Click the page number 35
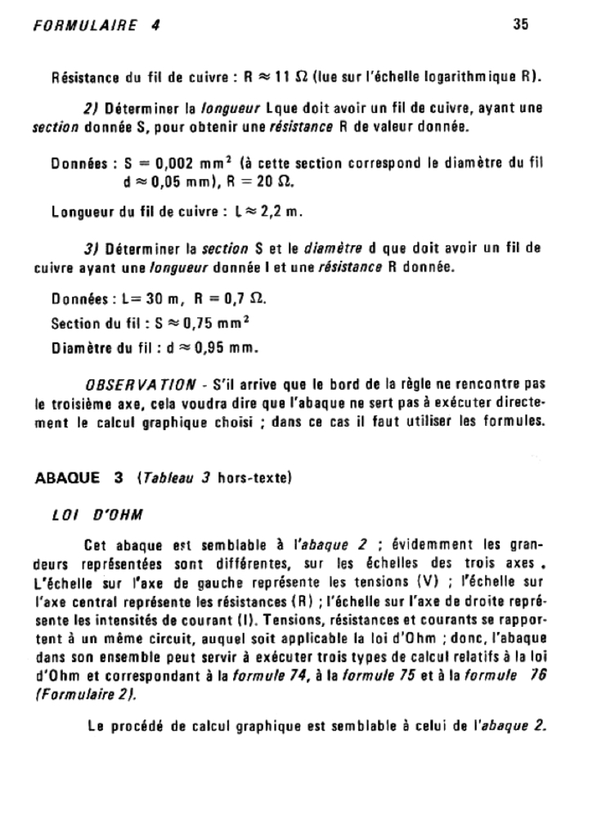click(x=521, y=25)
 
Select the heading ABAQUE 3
click(x=80, y=478)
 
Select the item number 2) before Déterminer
click(x=91, y=107)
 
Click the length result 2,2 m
click(x=282, y=214)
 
